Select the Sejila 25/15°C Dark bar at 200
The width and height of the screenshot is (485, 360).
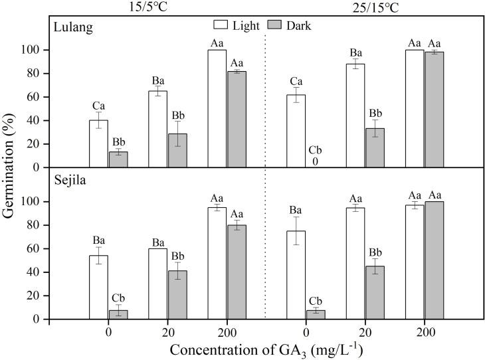coord(434,260)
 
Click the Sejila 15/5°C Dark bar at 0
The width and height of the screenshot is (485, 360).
coord(118,314)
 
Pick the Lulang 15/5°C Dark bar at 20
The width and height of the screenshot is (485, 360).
coord(177,150)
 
